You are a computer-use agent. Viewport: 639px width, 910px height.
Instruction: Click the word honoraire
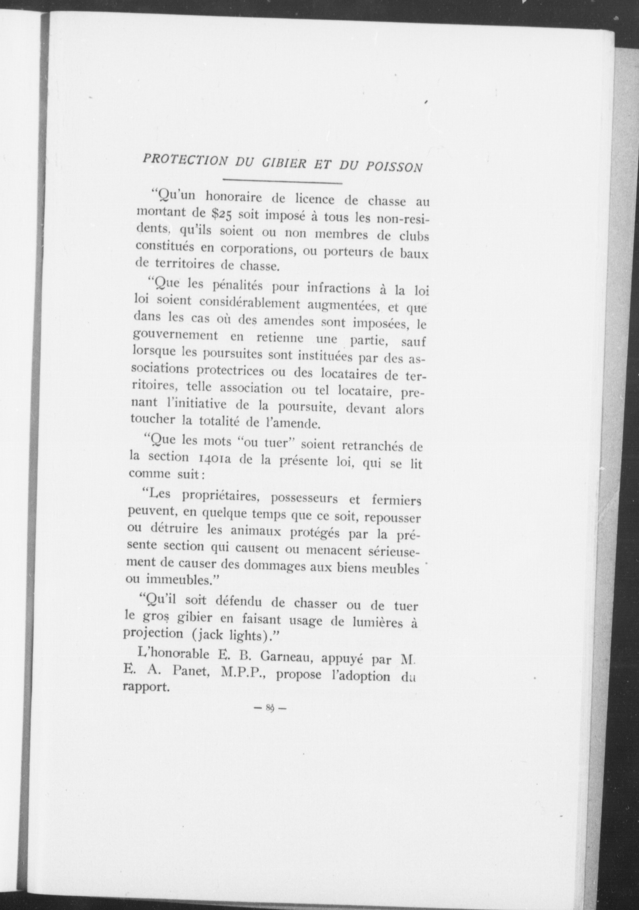(234, 197)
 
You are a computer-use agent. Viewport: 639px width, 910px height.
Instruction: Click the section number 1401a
(213, 459)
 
